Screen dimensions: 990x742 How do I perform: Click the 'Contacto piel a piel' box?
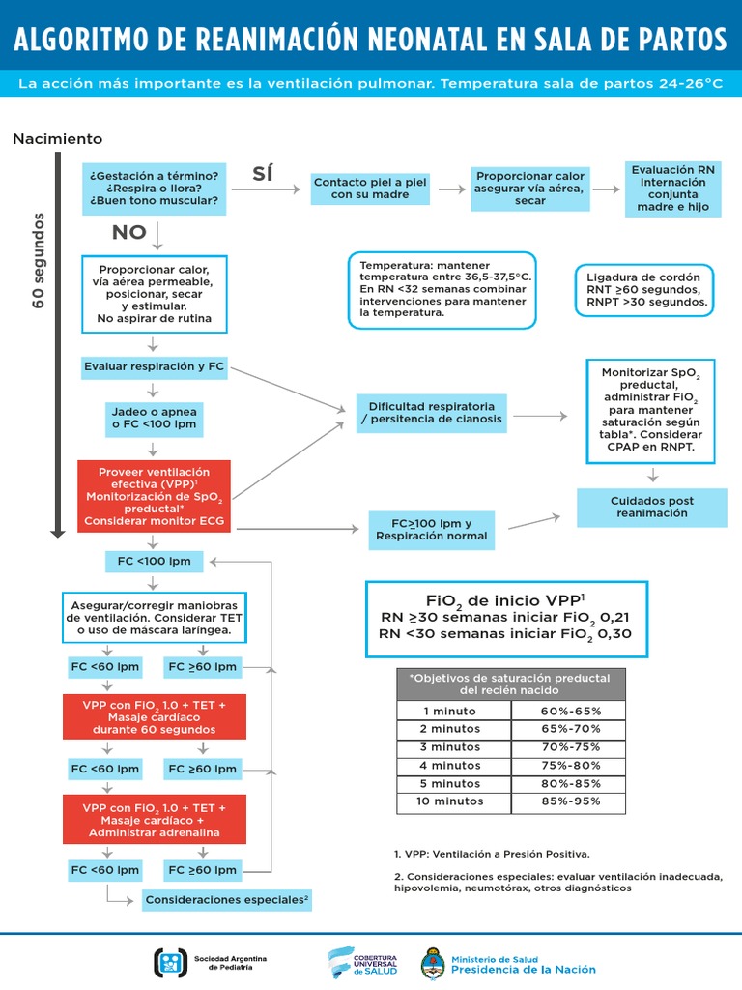pos(357,189)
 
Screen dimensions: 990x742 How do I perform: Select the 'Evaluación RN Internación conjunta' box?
pos(672,189)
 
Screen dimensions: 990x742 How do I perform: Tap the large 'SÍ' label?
pos(263,174)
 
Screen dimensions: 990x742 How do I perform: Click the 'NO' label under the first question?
pos(129,232)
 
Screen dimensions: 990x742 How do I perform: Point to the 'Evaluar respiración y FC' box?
pos(155,366)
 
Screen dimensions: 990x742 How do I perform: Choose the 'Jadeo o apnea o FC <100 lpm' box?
pos(155,418)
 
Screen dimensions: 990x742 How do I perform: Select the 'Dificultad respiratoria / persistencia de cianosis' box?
pos(432,412)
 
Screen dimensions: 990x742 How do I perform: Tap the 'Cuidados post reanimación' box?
pos(652,507)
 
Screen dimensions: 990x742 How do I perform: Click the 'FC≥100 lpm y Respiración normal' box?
pos(432,530)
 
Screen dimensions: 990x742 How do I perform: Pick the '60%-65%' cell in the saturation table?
pos(571,711)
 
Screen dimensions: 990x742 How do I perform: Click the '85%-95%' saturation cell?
pos(571,801)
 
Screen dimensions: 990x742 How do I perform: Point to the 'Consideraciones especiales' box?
pos(227,900)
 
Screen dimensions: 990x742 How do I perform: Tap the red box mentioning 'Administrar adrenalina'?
pos(155,820)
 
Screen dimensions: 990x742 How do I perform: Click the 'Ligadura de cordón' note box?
pos(644,289)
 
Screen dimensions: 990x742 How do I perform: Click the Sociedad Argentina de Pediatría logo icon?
pos(170,962)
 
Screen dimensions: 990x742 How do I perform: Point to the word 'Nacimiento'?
pos(57,139)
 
